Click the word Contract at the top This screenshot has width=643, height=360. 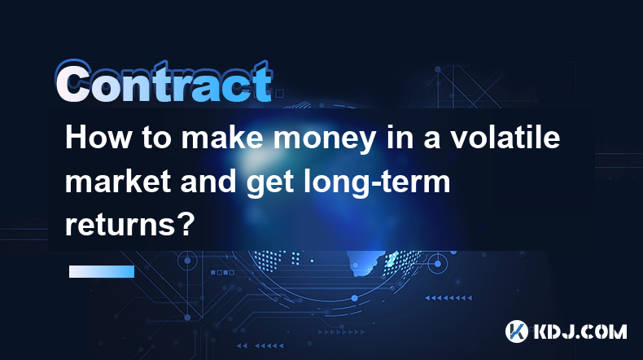[x=164, y=81]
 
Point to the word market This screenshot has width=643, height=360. [x=118, y=182]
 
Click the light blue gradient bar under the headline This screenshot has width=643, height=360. [x=102, y=271]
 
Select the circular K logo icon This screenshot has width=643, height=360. [x=517, y=331]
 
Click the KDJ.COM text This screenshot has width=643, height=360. [x=580, y=332]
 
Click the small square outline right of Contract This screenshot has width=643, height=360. [x=279, y=94]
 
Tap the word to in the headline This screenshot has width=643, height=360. [x=156, y=138]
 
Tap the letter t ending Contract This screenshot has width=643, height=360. [x=261, y=82]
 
